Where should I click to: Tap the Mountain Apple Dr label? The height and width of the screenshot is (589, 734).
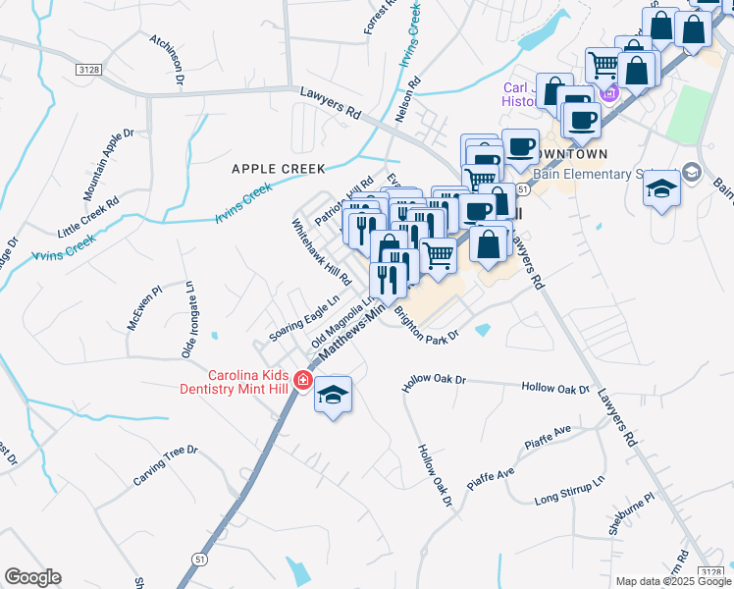click(x=107, y=163)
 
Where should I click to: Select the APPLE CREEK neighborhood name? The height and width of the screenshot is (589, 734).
click(x=278, y=169)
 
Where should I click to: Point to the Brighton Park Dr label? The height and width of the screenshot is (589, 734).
click(x=426, y=324)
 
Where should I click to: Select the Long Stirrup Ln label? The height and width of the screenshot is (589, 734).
click(x=570, y=493)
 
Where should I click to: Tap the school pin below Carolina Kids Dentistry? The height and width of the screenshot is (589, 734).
click(x=334, y=396)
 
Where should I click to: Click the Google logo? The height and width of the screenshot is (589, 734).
click(x=32, y=577)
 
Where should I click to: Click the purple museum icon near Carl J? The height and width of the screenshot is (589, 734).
click(x=609, y=93)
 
